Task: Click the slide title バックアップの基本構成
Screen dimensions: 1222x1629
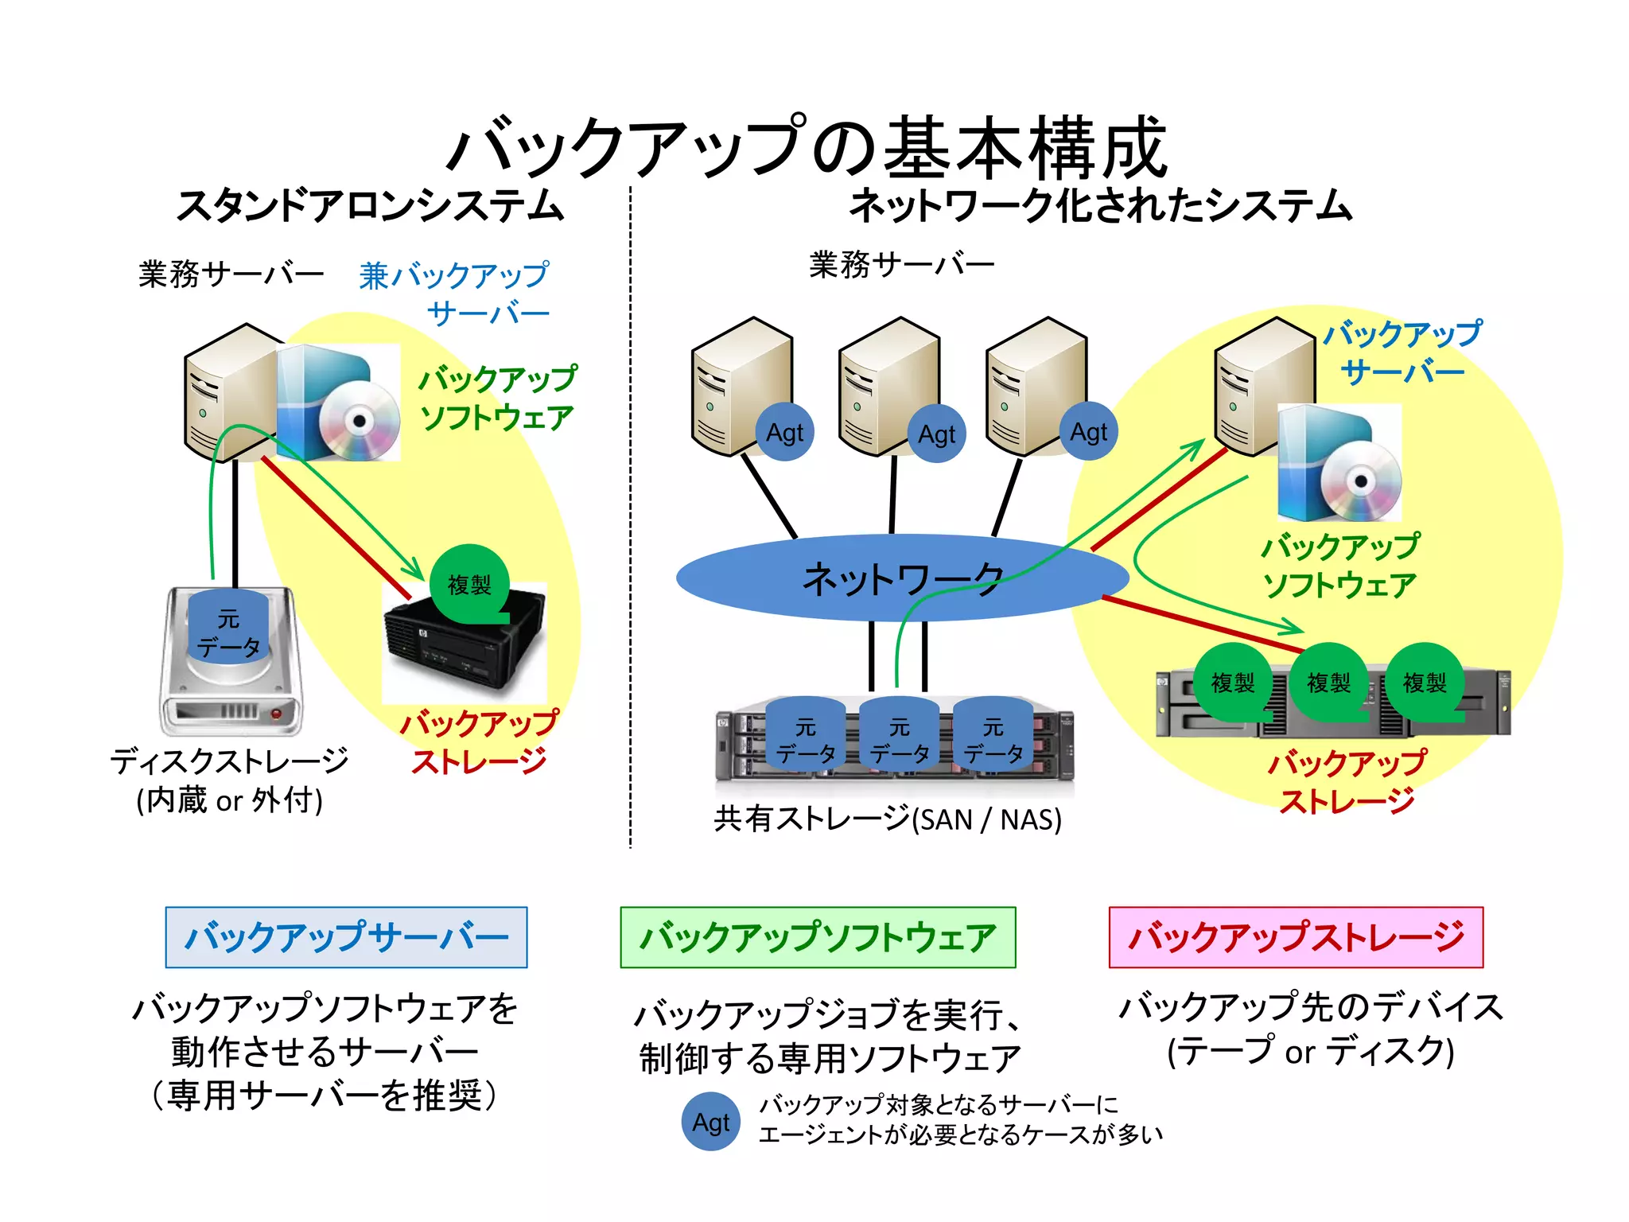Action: (807, 147)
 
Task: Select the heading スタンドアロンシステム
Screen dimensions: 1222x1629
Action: (371, 206)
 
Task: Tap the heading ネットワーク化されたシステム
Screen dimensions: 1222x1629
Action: (1101, 206)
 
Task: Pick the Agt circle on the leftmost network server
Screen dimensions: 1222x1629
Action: (784, 433)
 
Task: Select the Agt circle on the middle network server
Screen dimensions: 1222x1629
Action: (936, 434)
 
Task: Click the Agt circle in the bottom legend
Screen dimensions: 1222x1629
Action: (710, 1123)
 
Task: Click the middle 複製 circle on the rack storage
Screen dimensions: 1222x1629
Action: (1328, 682)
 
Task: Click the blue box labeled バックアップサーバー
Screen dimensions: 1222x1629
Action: (346, 937)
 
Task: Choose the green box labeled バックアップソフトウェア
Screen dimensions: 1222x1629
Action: (818, 937)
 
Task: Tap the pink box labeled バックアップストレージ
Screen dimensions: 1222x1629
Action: (1296, 937)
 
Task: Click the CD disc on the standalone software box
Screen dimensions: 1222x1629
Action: (360, 421)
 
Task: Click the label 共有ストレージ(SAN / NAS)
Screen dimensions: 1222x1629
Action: (888, 819)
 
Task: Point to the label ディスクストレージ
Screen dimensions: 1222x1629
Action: (230, 761)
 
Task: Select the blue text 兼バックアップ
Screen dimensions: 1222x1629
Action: (453, 275)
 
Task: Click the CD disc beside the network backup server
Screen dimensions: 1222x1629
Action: (1361, 481)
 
